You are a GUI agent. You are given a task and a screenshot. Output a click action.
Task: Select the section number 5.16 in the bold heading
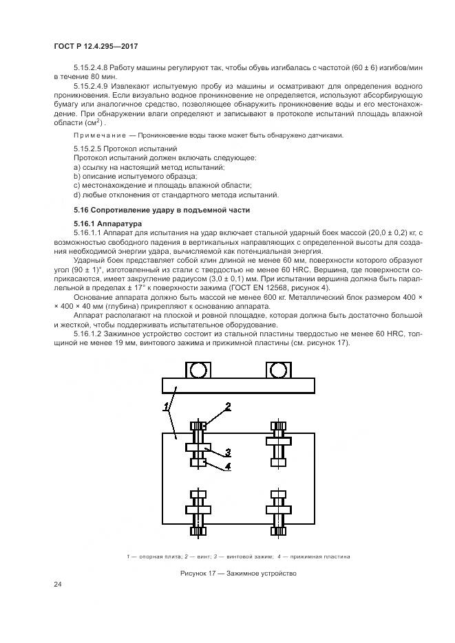click(x=81, y=210)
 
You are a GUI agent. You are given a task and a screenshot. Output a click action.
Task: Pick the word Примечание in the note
click(x=99, y=135)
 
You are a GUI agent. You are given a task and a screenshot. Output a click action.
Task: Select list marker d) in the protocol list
click(x=77, y=195)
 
